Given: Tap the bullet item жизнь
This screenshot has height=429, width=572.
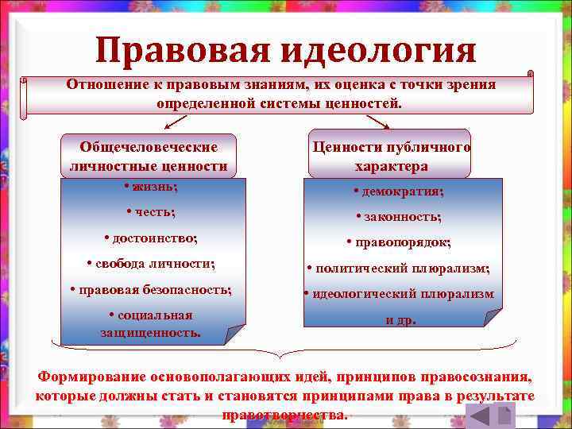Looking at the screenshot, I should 151,187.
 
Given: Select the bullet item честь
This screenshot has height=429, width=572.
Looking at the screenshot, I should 151,212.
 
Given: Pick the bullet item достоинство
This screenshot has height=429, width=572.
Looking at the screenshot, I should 151,238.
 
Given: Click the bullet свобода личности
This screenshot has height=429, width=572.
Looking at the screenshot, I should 151,263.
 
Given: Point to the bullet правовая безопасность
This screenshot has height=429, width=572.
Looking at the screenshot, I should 151,289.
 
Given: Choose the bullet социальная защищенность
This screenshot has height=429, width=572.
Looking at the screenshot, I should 151,323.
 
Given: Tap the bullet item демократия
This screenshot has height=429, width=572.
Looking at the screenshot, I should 399,191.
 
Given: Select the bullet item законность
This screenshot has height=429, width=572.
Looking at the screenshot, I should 399,216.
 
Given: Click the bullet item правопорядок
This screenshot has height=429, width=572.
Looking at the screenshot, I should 399,242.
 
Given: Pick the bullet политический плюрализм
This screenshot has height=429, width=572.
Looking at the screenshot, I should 399,269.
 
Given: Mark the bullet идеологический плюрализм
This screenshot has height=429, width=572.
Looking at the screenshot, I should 399,294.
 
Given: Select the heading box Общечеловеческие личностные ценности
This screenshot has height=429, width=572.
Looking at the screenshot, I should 149,156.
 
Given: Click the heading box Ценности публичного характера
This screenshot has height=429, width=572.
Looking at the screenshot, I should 392,156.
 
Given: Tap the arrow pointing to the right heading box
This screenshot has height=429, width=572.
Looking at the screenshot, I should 378,122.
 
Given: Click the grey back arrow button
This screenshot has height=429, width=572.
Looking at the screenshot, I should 479,415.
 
